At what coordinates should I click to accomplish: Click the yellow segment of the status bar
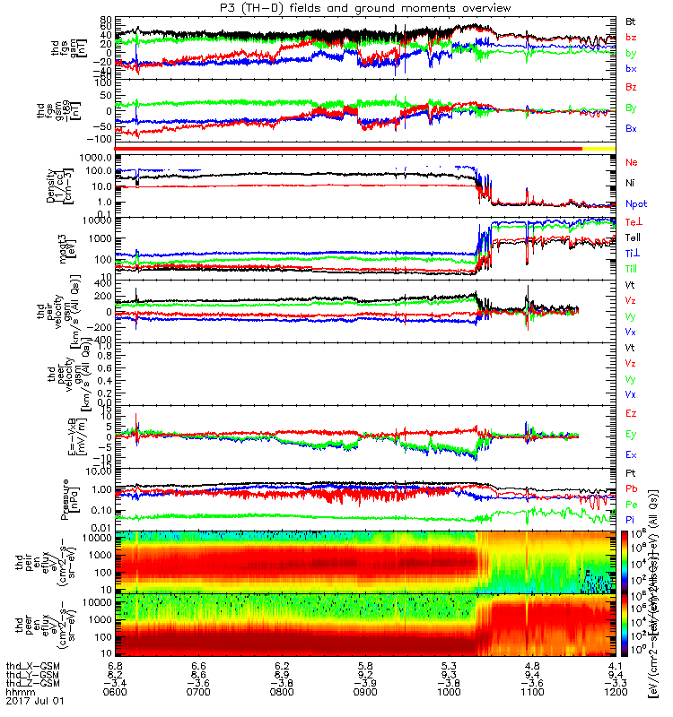point(599,147)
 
